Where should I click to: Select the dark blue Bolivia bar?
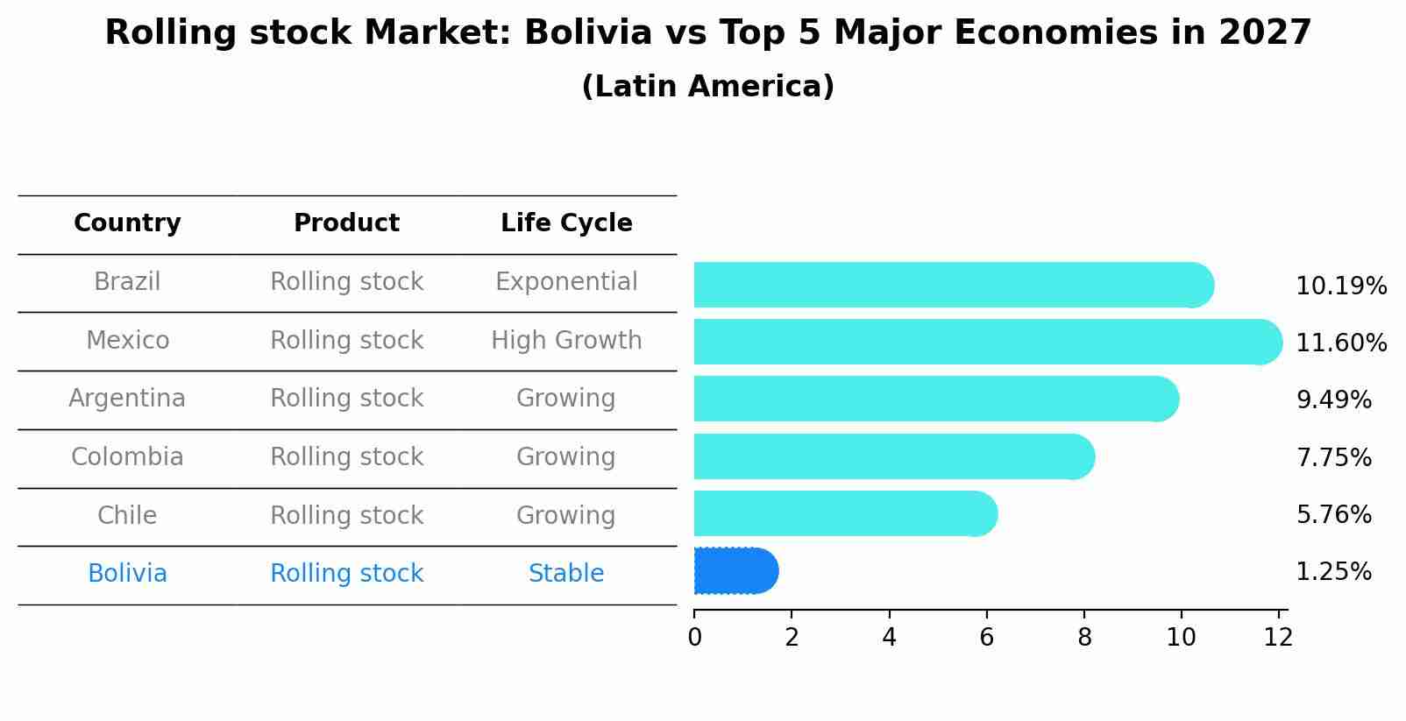(735, 571)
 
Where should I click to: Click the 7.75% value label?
(1333, 457)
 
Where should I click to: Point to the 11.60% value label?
(1340, 343)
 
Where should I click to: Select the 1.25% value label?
(1333, 572)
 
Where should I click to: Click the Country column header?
(127, 223)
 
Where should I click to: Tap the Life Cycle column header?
(566, 223)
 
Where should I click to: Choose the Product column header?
(346, 223)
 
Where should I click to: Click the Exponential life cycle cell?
(566, 282)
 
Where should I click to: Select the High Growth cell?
(566, 340)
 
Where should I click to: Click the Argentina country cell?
(127, 399)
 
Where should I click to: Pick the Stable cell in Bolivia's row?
(566, 574)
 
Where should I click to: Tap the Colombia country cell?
(127, 457)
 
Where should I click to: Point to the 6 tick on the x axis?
(987, 637)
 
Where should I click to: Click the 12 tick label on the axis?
(1278, 637)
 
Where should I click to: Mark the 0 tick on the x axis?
(694, 637)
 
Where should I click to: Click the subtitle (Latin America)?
(707, 87)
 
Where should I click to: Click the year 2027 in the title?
(1264, 33)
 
